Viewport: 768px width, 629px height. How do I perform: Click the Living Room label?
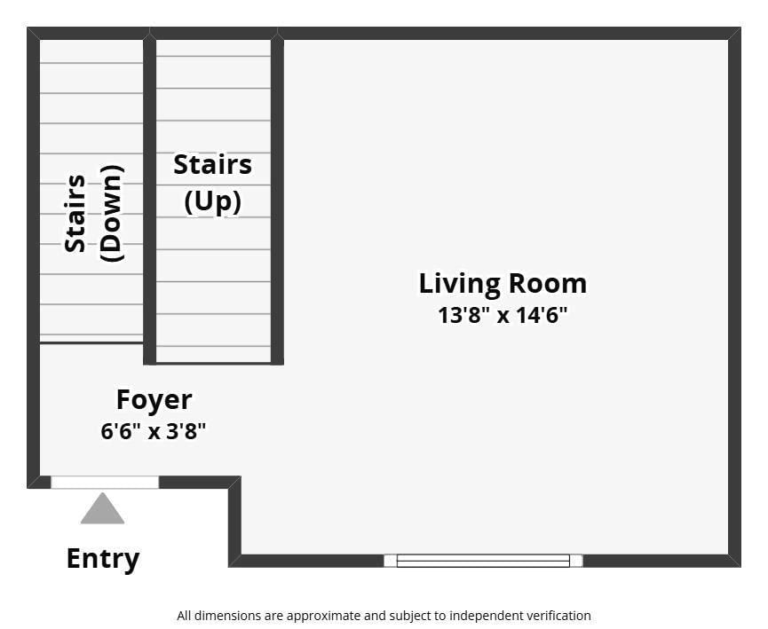[x=503, y=284]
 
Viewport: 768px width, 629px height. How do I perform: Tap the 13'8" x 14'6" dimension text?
[x=503, y=315]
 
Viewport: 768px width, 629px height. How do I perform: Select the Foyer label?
[x=154, y=401]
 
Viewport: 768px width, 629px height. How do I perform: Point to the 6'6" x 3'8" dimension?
[x=154, y=431]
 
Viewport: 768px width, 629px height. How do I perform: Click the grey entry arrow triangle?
[x=102, y=508]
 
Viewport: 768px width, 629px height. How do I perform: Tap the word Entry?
[x=103, y=559]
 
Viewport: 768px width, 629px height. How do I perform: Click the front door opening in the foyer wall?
[x=105, y=482]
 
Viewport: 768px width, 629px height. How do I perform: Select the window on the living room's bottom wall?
[x=483, y=561]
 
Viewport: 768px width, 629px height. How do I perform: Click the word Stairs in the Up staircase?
[x=212, y=164]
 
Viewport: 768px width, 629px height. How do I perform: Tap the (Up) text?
[x=212, y=201]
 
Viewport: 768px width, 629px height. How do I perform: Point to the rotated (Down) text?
[x=112, y=214]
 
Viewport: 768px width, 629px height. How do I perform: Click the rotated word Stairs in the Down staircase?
[x=75, y=214]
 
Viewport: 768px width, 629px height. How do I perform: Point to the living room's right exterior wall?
[x=734, y=297]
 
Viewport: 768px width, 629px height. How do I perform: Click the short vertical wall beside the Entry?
[x=234, y=522]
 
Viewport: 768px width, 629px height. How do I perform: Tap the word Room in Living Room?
[x=548, y=283]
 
